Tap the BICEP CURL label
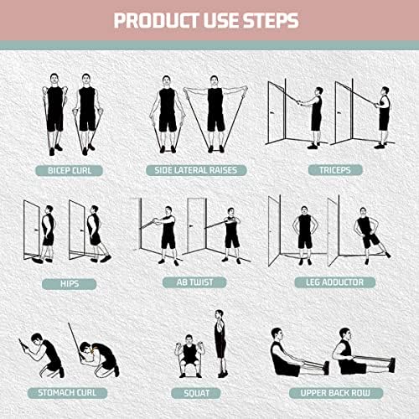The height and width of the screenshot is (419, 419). tap(70, 170)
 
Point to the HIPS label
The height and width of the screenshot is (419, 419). tap(70, 282)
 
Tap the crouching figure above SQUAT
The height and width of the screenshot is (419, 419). tap(190, 356)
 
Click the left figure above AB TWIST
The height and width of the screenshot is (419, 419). tap(168, 230)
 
